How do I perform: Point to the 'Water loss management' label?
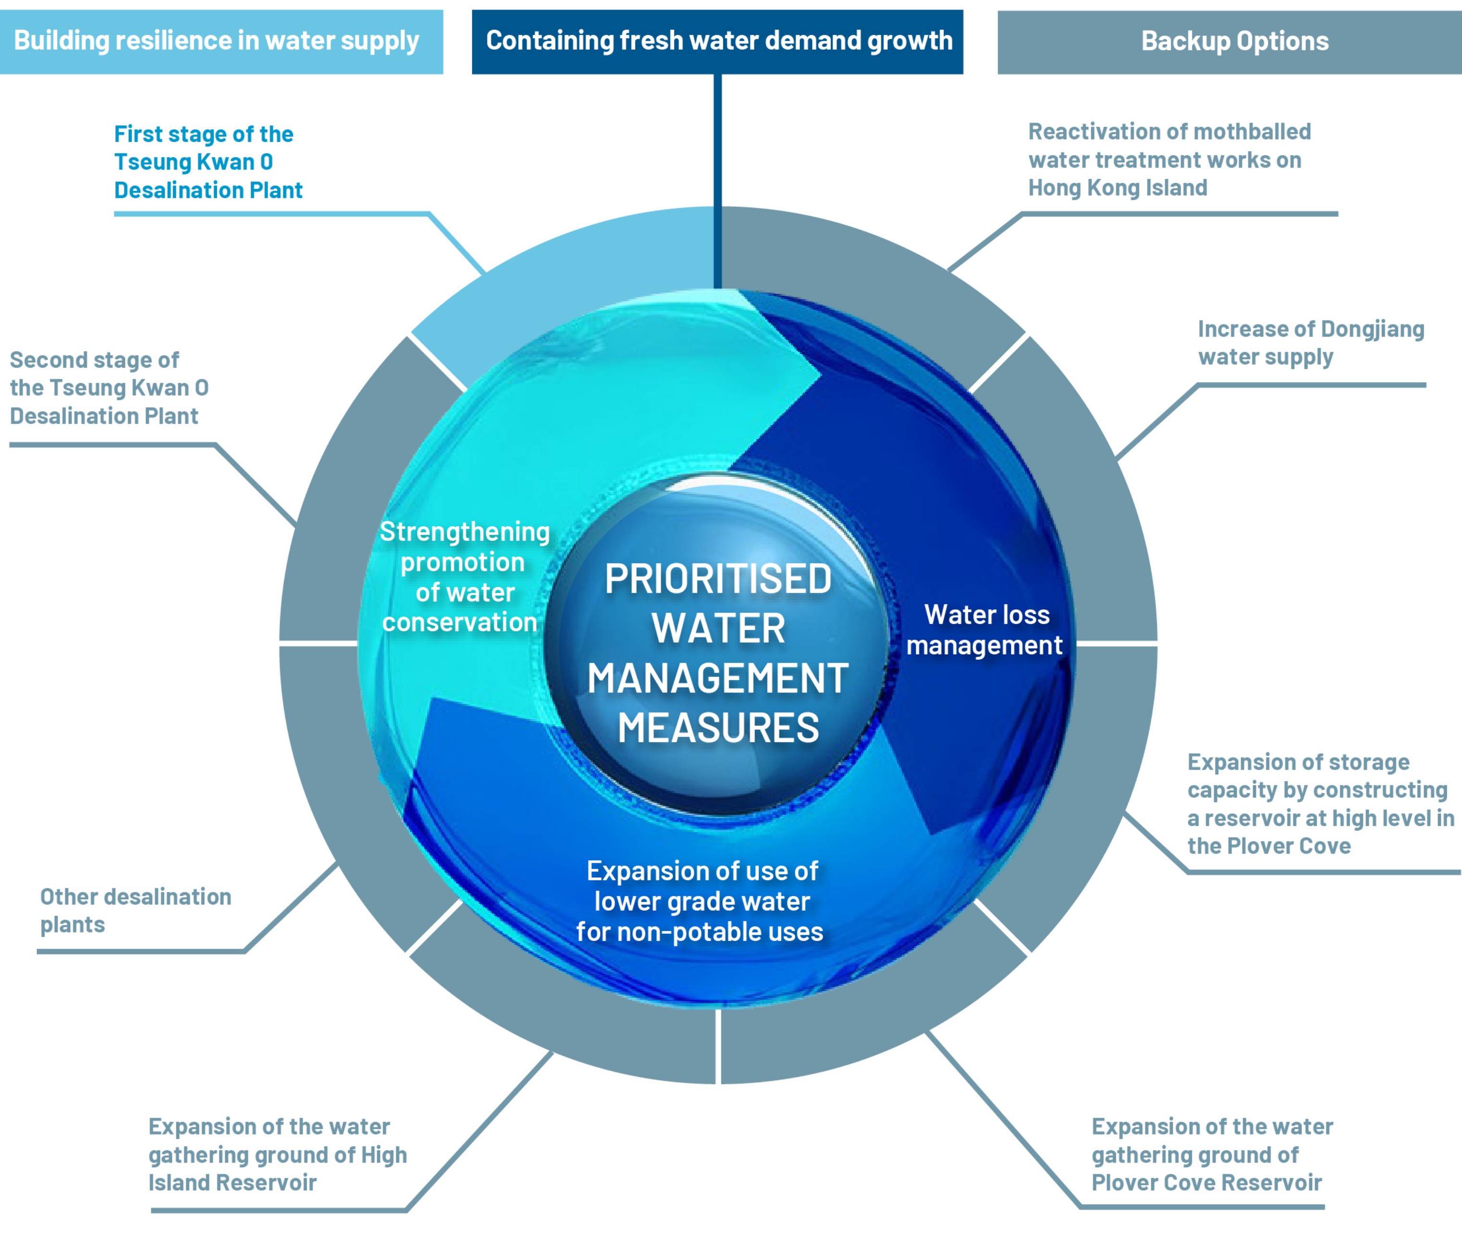point(985,630)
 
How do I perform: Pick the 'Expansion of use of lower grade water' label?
point(701,901)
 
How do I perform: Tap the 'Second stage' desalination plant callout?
point(110,388)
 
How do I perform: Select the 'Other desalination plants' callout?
point(135,911)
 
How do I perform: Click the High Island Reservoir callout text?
point(277,1155)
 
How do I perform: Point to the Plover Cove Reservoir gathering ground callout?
point(1211,1155)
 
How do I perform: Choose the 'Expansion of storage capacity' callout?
point(1319,804)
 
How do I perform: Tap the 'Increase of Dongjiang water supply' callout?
point(1310,343)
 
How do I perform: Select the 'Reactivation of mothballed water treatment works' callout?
point(1169,160)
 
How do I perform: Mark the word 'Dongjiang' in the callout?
point(1372,329)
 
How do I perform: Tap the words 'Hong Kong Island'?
point(1118,188)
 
